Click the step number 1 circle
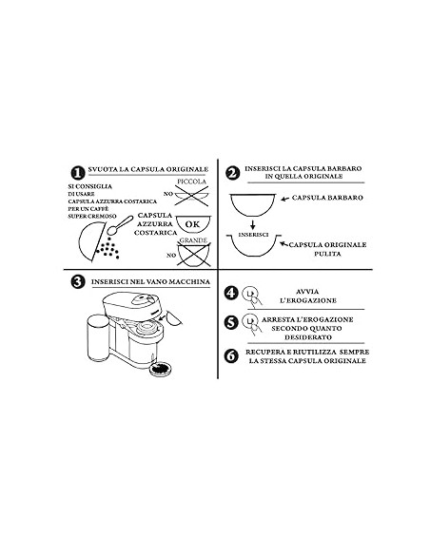coord(75,172)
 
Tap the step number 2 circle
coord(233,173)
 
